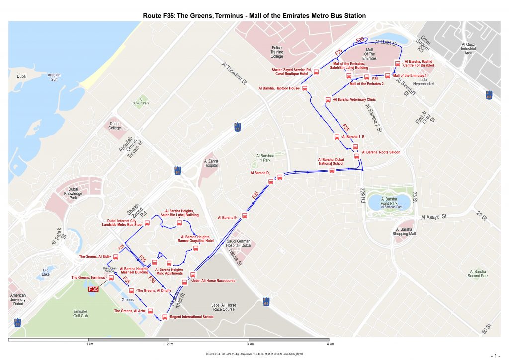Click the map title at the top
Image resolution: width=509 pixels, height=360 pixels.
click(x=254, y=15)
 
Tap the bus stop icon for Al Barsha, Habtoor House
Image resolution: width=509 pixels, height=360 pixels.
click(x=305, y=88)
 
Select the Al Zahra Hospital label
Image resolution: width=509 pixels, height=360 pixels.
click(x=211, y=164)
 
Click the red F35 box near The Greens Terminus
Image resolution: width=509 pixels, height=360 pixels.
click(x=93, y=289)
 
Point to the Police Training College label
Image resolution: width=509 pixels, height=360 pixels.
click(x=277, y=52)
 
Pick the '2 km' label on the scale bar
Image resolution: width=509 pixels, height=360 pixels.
click(x=170, y=344)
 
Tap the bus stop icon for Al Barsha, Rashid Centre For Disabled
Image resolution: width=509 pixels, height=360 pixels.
click(x=397, y=64)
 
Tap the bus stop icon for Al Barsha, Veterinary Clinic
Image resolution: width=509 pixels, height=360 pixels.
click(x=328, y=100)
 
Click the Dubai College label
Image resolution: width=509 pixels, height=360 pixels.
click(x=115, y=125)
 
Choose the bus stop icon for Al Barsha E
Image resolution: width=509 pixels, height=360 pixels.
click(x=244, y=216)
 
